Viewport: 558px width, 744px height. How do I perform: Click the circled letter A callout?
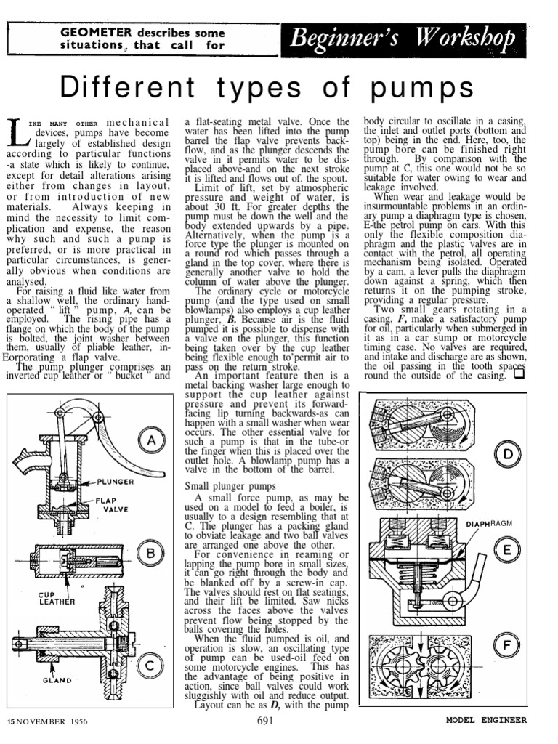coord(152,441)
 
